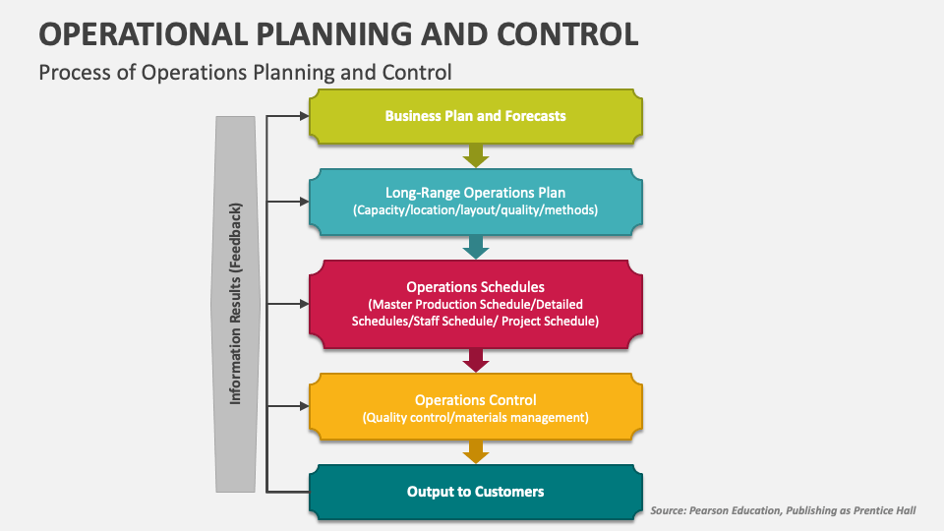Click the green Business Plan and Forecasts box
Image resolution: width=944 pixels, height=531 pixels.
coord(476,115)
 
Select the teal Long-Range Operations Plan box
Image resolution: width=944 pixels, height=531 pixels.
coord(476,202)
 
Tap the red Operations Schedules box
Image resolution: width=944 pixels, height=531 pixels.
coord(476,304)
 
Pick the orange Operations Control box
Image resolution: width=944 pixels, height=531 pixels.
coord(476,407)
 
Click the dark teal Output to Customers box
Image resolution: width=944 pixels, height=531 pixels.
coord(476,491)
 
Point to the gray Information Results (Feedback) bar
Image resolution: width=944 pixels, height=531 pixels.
coord(237,303)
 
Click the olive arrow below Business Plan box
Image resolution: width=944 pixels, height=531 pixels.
coord(476,155)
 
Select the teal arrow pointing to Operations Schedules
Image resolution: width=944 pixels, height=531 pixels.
coord(476,247)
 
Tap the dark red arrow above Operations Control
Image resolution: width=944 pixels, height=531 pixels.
coord(476,360)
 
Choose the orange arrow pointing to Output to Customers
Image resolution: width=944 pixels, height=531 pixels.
coord(476,451)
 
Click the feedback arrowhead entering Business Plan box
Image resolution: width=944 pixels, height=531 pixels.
coord(303,115)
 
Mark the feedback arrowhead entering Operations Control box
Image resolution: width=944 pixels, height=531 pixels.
coord(303,405)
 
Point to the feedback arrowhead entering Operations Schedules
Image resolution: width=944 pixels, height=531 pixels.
coord(303,304)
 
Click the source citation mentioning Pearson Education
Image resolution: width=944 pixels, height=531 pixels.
coord(791,510)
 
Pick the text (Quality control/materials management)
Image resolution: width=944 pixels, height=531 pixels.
coord(476,417)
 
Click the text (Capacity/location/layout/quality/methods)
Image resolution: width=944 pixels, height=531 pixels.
coord(476,210)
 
